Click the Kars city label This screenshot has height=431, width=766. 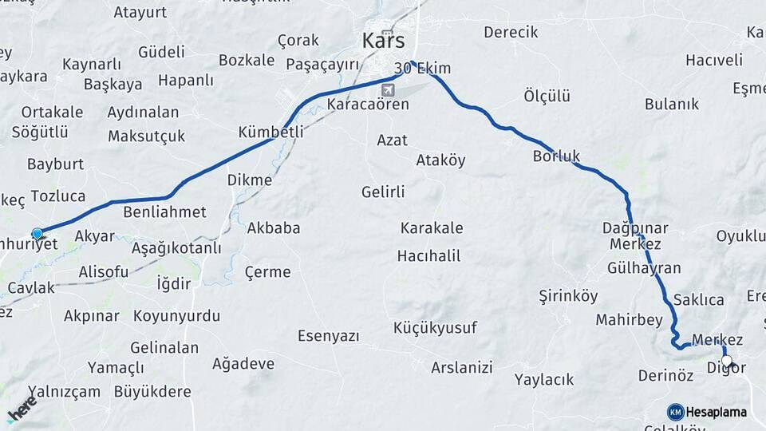(383, 40)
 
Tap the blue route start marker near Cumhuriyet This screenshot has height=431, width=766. (37, 233)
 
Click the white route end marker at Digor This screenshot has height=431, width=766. (726, 360)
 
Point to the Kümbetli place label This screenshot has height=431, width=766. (270, 132)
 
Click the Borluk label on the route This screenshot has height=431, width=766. (556, 156)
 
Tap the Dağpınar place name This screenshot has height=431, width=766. (635, 227)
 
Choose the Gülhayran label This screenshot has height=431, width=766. (644, 268)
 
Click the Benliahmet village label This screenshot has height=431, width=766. (164, 212)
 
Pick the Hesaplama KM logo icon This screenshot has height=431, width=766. (676, 412)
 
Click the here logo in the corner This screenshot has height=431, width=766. (21, 408)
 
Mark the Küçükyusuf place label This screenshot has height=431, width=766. (435, 328)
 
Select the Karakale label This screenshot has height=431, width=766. (431, 228)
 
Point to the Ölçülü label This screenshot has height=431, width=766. (547, 96)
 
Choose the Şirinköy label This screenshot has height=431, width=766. (568, 296)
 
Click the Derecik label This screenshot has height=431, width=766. (511, 32)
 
